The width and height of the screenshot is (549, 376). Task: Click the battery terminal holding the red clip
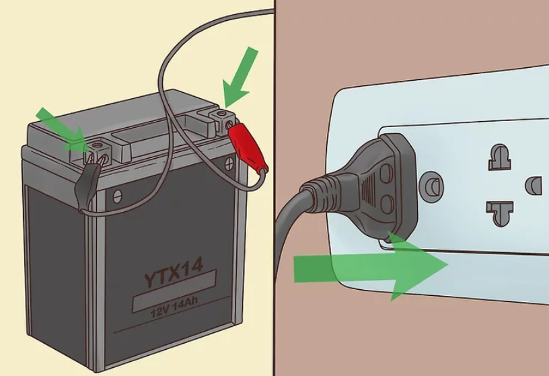tap(222, 122)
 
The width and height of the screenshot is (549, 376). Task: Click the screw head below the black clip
tap(117, 196)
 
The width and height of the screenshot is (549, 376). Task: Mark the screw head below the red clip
tap(229, 163)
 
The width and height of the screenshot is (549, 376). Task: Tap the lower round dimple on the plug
tap(387, 204)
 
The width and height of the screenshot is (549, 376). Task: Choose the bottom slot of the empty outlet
tap(500, 213)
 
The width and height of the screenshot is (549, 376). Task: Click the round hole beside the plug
tap(432, 186)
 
